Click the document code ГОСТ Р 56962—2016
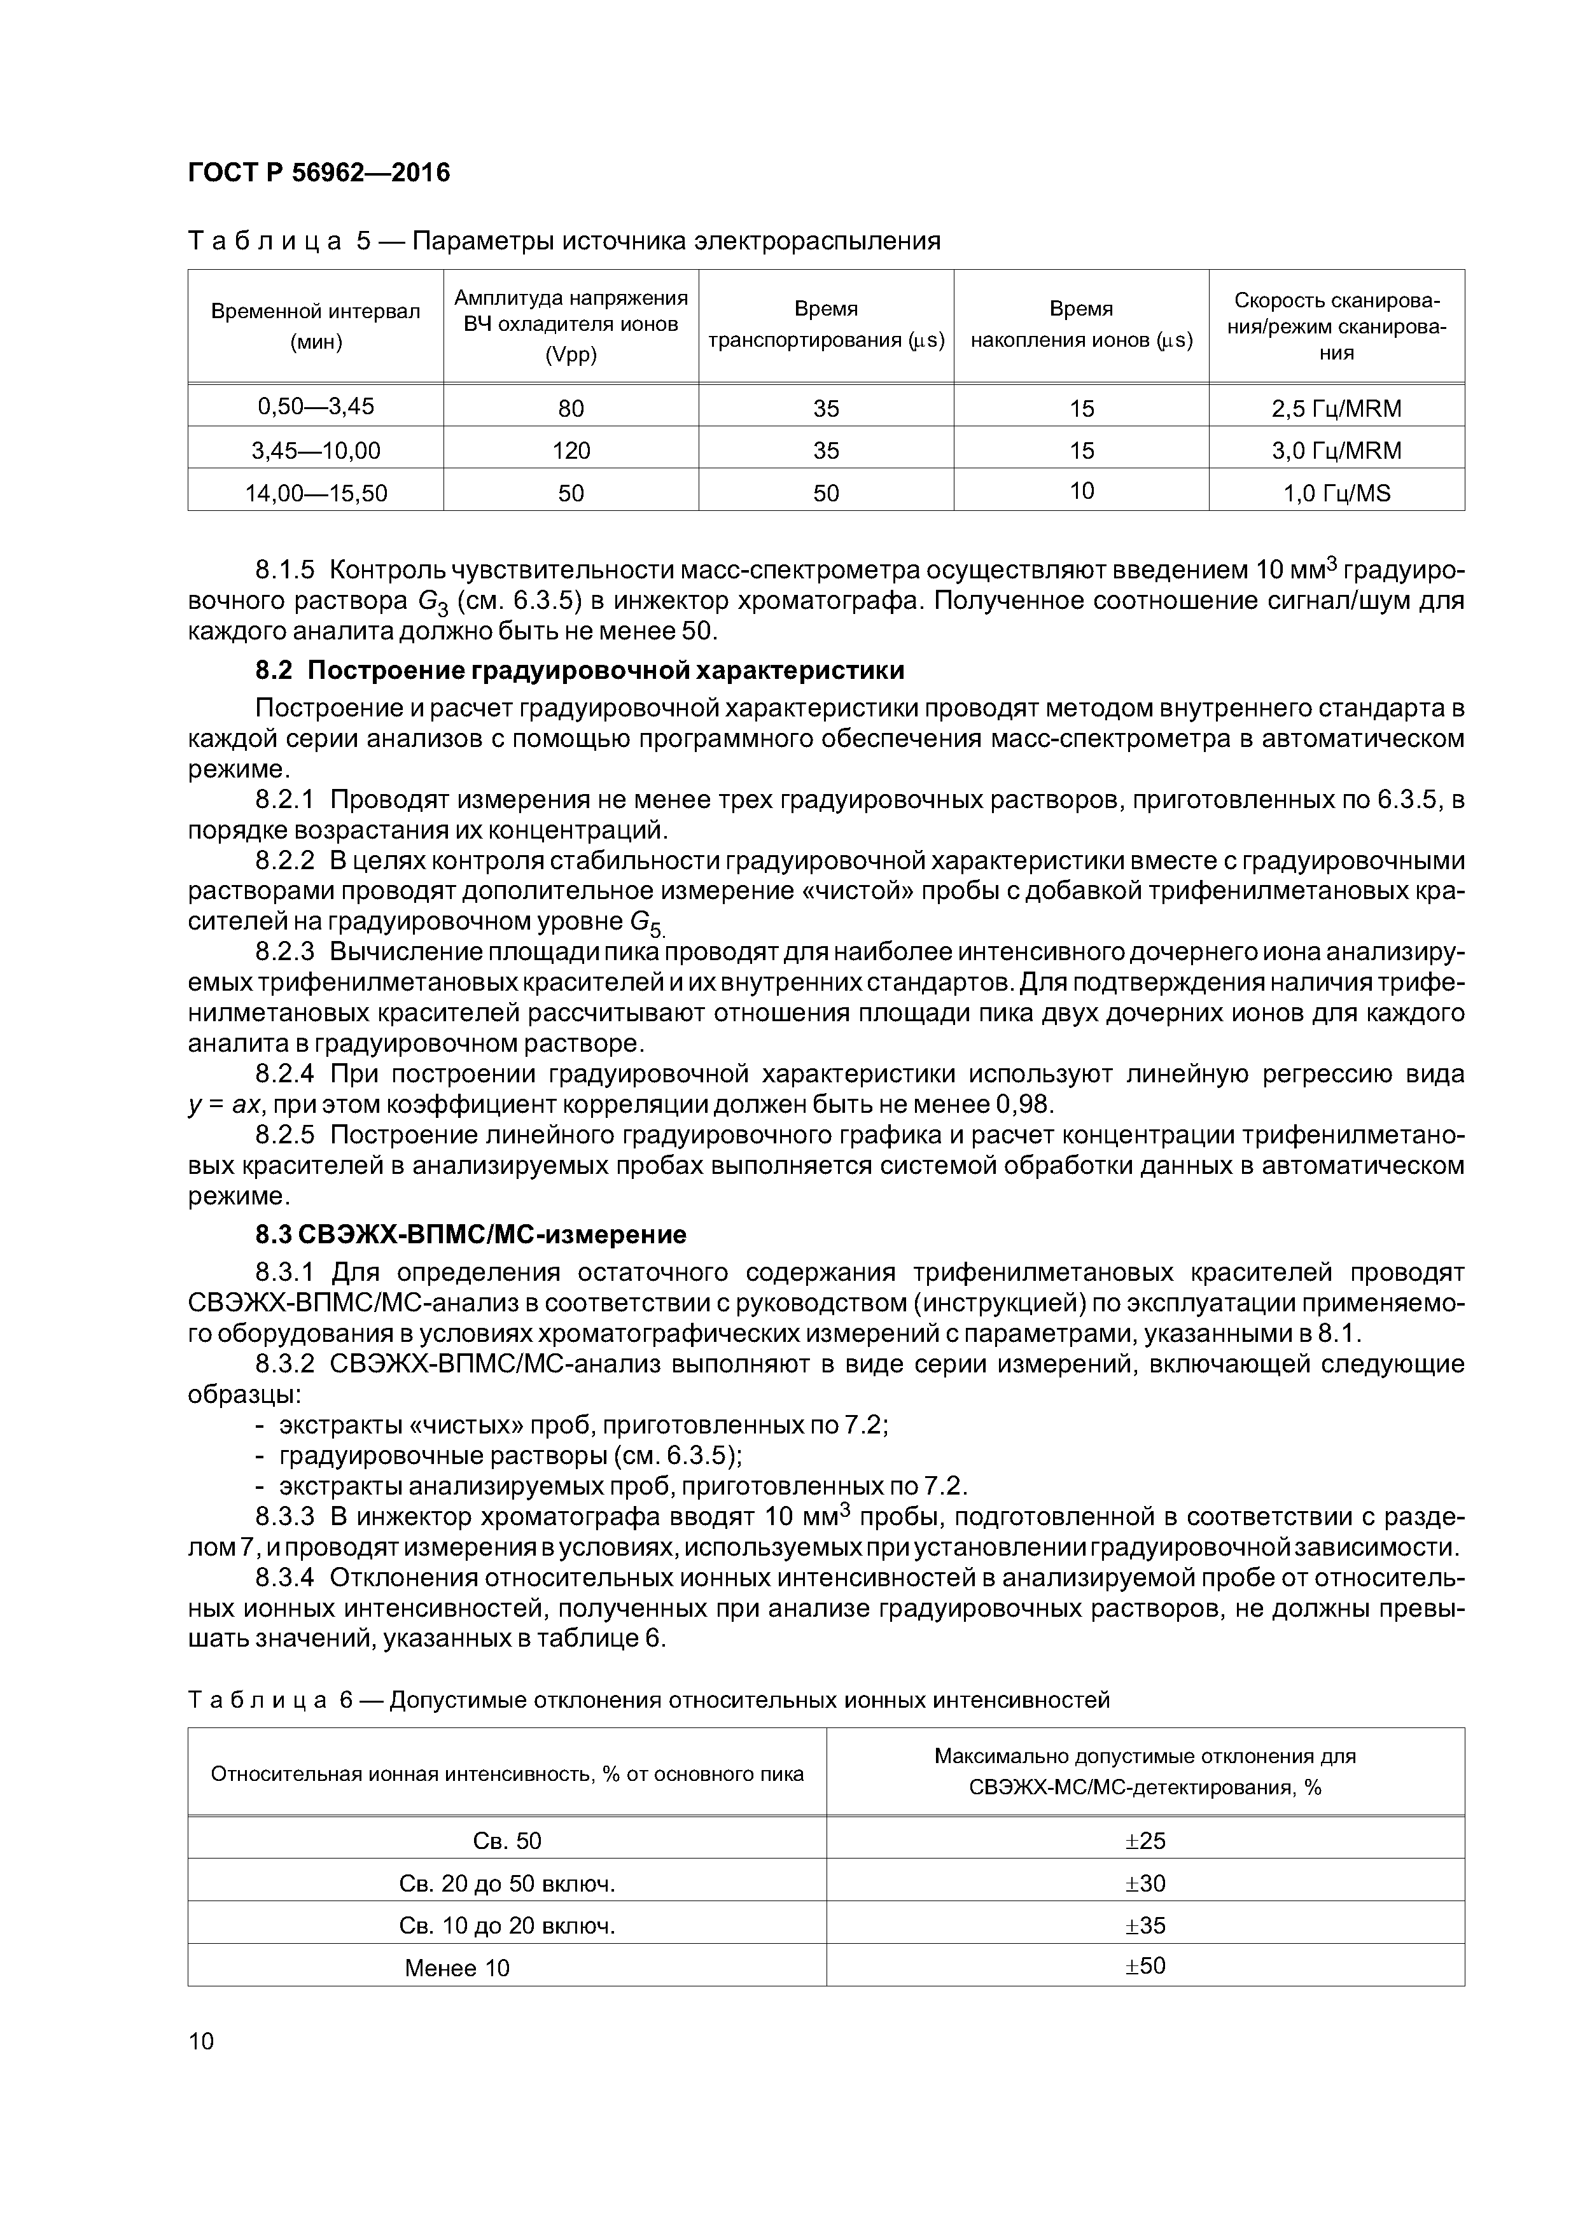coord(319,173)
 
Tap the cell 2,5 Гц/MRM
coord(1336,408)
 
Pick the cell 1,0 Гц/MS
coord(1336,494)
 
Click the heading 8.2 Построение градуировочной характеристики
coord(580,671)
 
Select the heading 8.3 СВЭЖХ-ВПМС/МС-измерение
coord(471,1234)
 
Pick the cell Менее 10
coord(456,1969)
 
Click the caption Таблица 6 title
coord(648,1700)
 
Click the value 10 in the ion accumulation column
coord(1081,492)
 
